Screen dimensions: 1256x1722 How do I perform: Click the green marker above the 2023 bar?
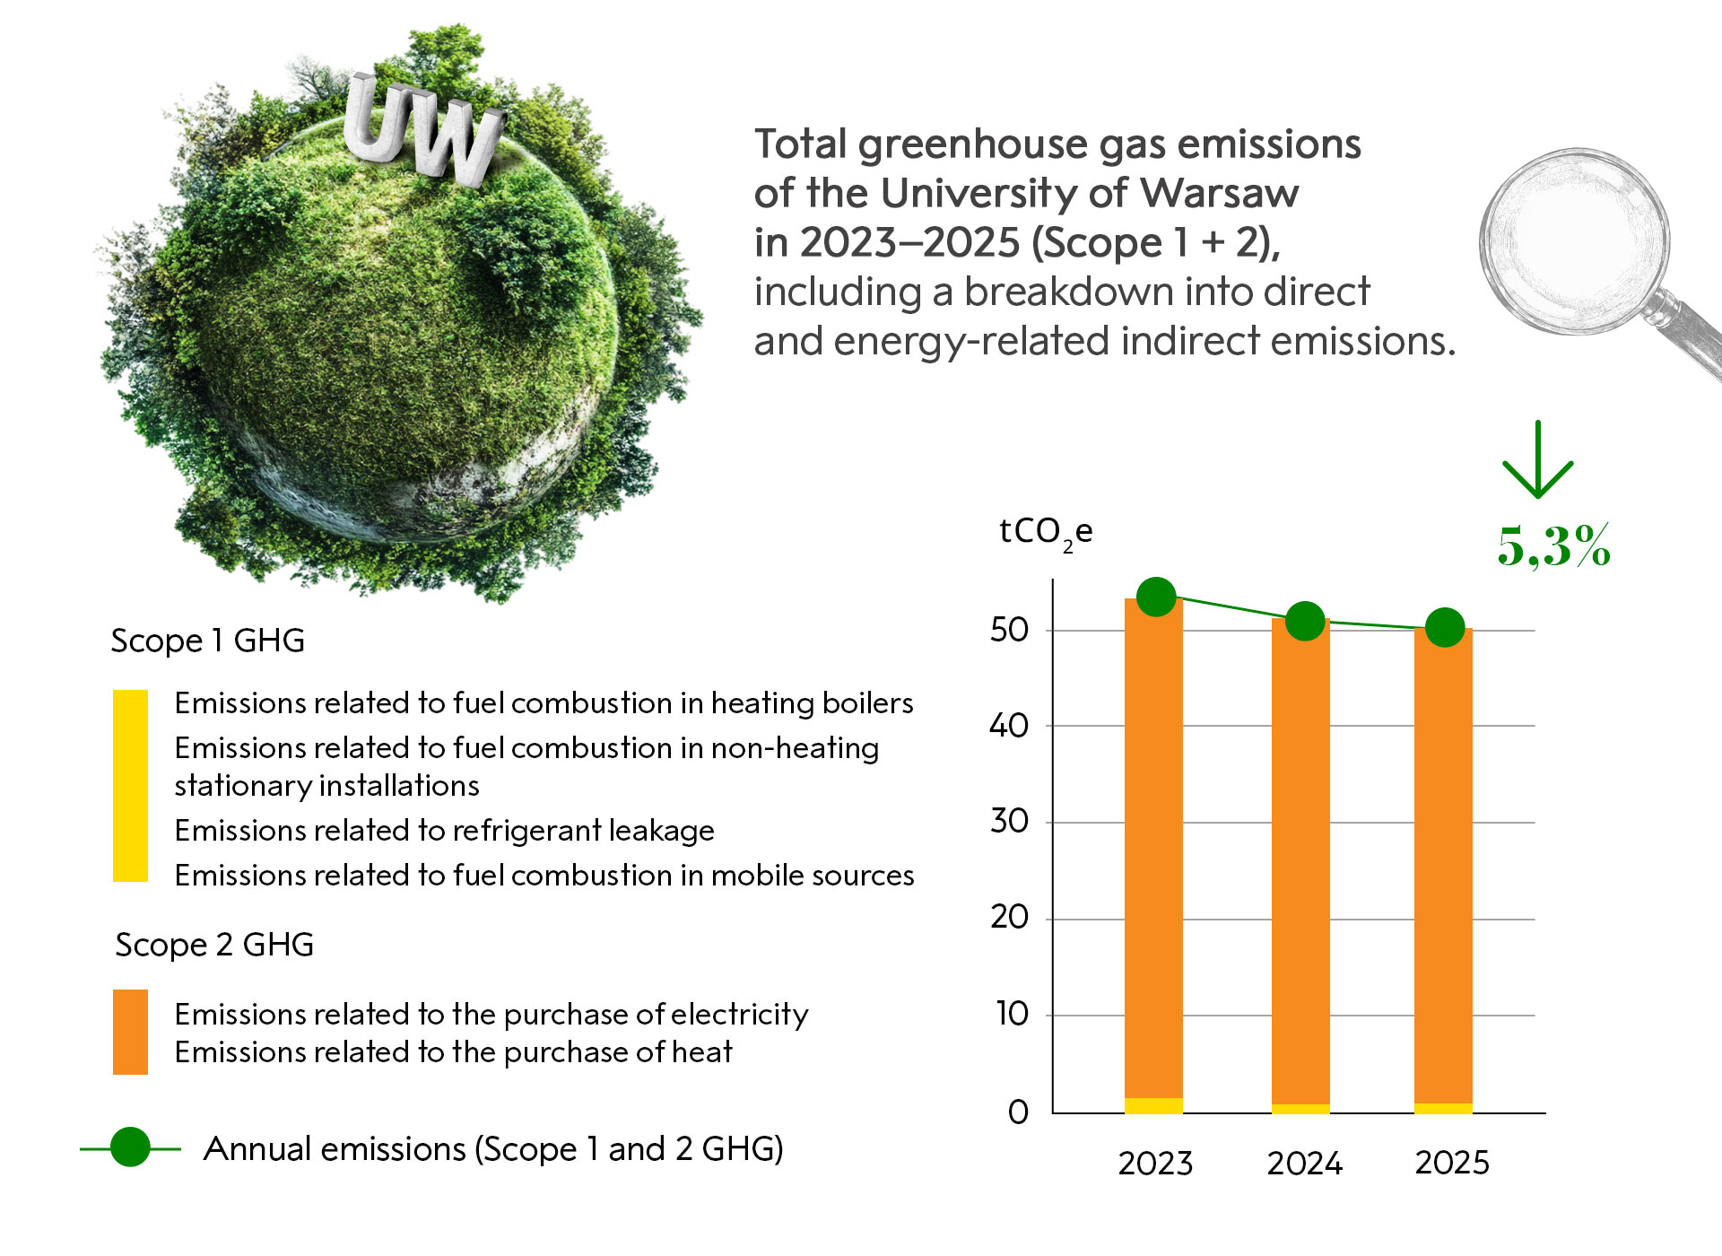pyautogui.click(x=1156, y=597)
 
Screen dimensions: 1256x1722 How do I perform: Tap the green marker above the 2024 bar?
pyautogui.click(x=1305, y=621)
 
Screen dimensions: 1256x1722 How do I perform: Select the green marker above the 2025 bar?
pyautogui.click(x=1445, y=627)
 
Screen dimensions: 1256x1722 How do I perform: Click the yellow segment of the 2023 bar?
pyautogui.click(x=1153, y=1105)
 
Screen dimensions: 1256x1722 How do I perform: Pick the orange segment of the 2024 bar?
pyautogui.click(x=1300, y=861)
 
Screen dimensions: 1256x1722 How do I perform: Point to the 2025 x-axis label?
pyautogui.click(x=1452, y=1163)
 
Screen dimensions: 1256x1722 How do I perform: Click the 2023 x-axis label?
pyautogui.click(x=1155, y=1164)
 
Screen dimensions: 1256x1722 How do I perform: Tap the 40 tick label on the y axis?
pyautogui.click(x=1009, y=725)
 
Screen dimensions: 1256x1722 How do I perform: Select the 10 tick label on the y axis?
pyautogui.click(x=1012, y=1014)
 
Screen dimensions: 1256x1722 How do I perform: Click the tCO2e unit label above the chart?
pyautogui.click(x=1046, y=533)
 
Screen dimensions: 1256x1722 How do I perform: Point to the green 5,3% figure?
pyautogui.click(x=1554, y=545)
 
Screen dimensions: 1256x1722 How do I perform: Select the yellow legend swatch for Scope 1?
pyautogui.click(x=130, y=785)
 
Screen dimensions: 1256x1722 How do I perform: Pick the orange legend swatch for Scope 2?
pyautogui.click(x=130, y=1032)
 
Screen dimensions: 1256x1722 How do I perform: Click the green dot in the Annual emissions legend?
pyautogui.click(x=130, y=1147)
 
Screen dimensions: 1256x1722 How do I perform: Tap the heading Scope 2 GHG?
pyautogui.click(x=214, y=945)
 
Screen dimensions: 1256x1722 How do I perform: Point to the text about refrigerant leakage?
pyautogui.click(x=444, y=831)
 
